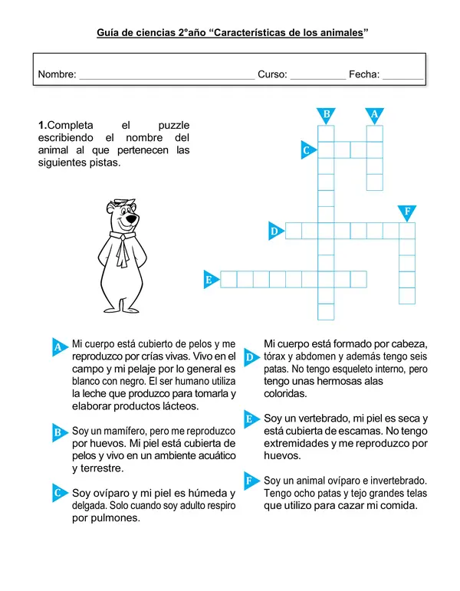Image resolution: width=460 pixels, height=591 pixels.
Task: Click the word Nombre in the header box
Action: coord(56,74)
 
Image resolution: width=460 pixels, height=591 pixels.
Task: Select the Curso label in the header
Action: coord(272,74)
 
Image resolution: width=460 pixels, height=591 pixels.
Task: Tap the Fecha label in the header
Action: coord(363,74)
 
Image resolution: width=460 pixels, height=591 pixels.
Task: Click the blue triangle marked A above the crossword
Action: coord(374,115)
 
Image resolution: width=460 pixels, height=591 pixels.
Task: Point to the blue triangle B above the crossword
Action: coord(327,115)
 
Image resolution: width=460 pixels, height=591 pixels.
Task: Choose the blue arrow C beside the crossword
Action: coord(307,150)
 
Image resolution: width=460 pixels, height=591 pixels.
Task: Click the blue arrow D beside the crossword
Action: coord(274,230)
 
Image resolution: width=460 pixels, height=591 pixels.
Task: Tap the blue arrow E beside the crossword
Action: coord(209,280)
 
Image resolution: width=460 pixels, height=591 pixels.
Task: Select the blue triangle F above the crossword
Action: coord(406,212)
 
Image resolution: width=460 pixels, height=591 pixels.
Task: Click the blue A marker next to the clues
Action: coord(59,347)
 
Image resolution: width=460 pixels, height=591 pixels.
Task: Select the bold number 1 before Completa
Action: coord(41,125)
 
